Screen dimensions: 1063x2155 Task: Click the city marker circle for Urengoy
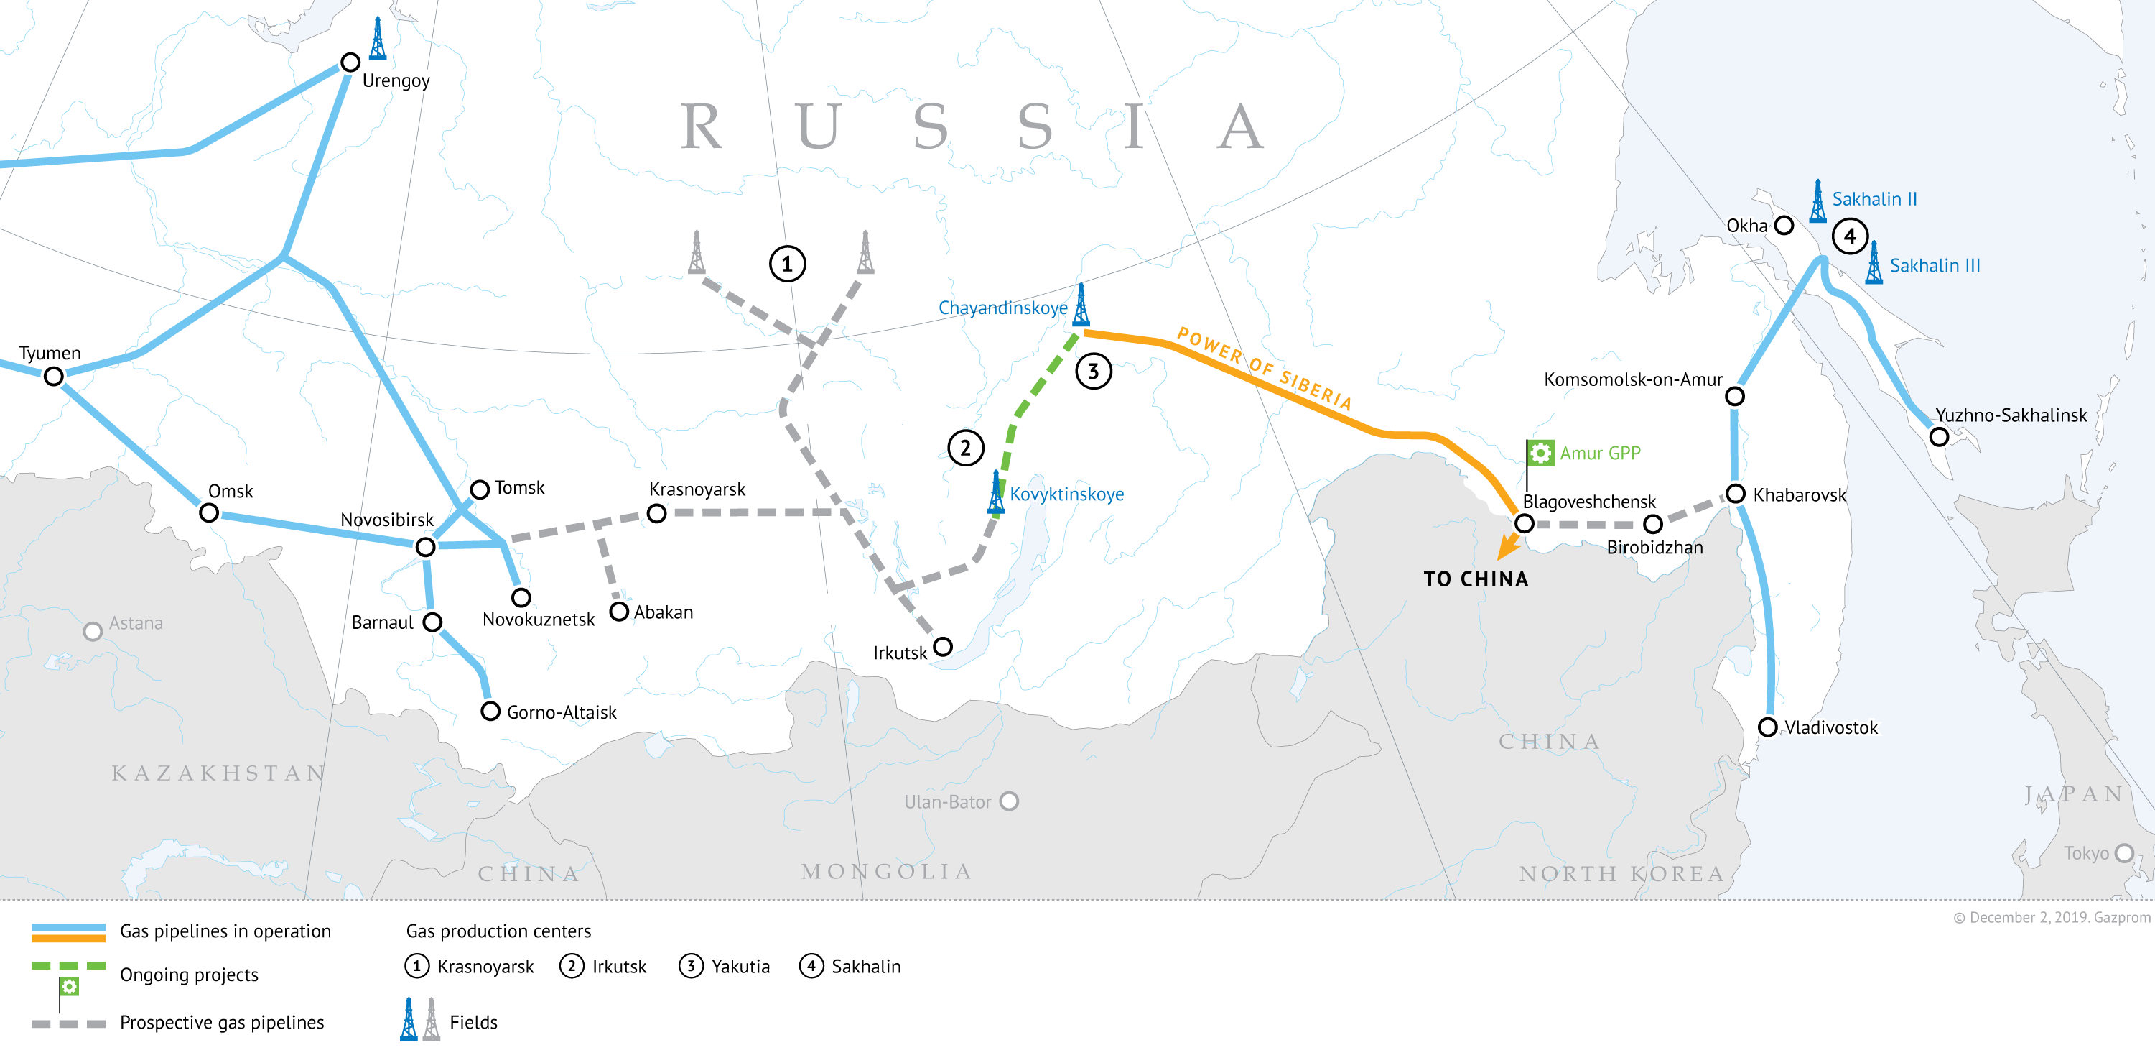[x=350, y=63]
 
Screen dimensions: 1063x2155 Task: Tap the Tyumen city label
[x=50, y=353]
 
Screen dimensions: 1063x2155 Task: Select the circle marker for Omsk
[x=209, y=512]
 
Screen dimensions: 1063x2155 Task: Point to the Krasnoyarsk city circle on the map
[x=657, y=513]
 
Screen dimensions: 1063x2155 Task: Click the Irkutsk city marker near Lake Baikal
[x=943, y=646]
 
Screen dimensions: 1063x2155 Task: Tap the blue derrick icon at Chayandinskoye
[x=1081, y=305]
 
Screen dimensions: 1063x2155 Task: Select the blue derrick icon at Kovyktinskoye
[x=995, y=492]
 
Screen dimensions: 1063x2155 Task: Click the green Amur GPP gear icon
[x=1540, y=453]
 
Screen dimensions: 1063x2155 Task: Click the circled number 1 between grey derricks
[x=786, y=264]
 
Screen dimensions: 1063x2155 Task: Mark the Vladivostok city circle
[x=1768, y=727]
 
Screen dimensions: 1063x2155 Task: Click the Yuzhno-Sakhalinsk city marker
[x=1938, y=437]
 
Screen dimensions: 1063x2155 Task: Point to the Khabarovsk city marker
[x=1736, y=494]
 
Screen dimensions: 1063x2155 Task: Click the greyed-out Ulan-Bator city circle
[x=1010, y=801]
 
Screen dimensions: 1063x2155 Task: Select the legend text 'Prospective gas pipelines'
[x=222, y=1022]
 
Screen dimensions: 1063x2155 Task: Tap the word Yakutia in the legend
[x=740, y=967]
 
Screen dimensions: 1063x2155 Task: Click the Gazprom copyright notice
[x=2052, y=917]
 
